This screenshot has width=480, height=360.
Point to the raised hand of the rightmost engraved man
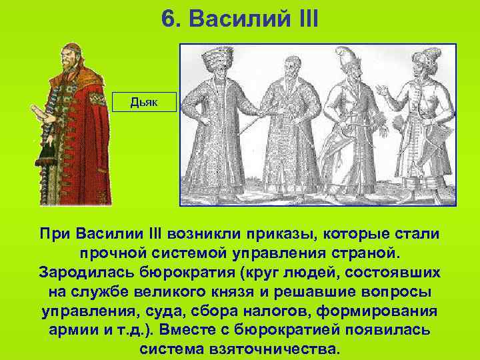tap(381, 90)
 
